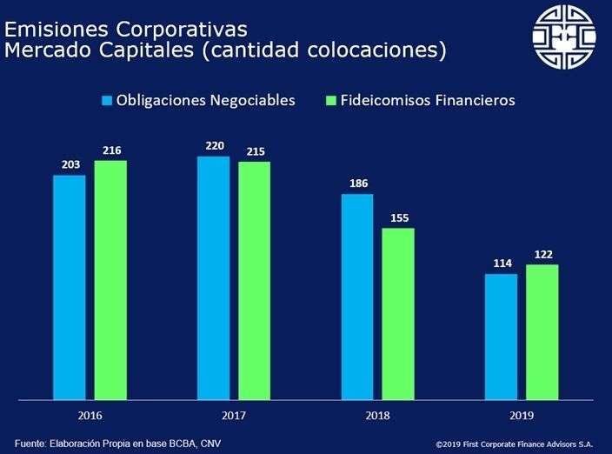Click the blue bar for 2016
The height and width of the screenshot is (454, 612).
[70, 287]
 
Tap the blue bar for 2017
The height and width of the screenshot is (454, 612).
[213, 278]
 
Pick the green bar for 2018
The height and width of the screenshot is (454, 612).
[398, 314]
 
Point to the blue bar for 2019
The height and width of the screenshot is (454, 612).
[501, 337]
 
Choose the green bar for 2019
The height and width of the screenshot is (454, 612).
[542, 332]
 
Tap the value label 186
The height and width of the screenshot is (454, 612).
[357, 184]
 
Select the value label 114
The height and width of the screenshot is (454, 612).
[501, 264]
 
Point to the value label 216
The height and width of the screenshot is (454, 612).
[110, 151]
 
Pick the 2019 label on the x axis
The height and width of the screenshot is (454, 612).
[521, 417]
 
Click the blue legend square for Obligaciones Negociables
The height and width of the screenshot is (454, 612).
[108, 101]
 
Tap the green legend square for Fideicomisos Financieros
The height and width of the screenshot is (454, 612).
[329, 101]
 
